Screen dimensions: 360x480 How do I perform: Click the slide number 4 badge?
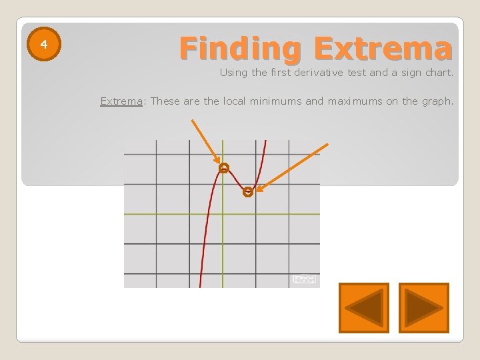coord(44,45)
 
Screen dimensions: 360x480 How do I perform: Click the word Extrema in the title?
coord(383,49)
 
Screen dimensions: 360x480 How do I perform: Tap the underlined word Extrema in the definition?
coord(121,101)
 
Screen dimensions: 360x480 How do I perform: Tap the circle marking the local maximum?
coord(224,168)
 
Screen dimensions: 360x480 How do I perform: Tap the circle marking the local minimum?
coord(248,192)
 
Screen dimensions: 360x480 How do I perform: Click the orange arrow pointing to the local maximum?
coord(206,142)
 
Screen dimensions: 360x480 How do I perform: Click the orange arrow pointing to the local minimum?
coord(293,167)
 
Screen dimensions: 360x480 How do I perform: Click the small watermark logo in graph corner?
coord(304,279)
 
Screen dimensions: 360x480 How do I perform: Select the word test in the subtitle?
coord(357,73)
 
